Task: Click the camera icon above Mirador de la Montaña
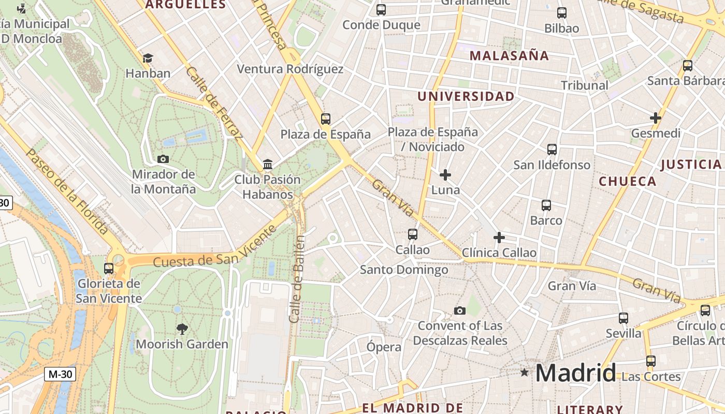163,159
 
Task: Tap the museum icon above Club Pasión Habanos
268,165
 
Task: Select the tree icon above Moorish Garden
182,329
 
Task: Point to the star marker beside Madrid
525,372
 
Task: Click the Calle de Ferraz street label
213,103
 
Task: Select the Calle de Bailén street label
297,279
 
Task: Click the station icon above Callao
413,234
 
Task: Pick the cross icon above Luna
445,175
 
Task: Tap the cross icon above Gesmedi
656,118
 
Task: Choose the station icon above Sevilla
624,318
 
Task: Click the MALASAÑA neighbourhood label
509,56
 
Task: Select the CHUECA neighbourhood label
628,181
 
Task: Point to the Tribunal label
585,85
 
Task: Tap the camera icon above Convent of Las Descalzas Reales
459,310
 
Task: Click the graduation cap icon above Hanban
148,58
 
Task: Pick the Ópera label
384,347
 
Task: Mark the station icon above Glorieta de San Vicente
109,269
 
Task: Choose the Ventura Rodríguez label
290,69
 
